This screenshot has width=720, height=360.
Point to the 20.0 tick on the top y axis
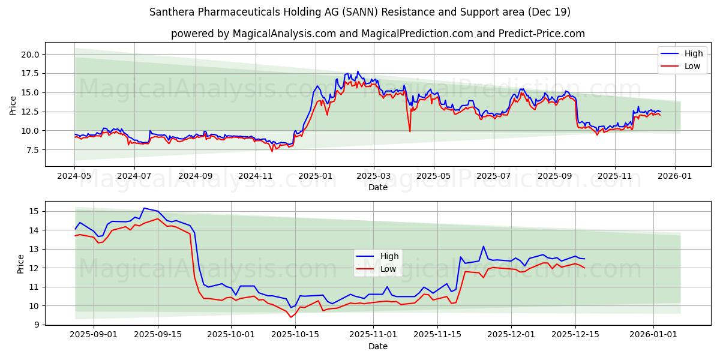(x=30, y=54)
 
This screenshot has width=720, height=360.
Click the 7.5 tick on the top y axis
(x=32, y=150)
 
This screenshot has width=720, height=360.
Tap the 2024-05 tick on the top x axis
(x=74, y=177)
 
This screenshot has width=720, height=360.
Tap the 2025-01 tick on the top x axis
(x=315, y=177)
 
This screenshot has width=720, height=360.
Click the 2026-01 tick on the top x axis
(x=675, y=177)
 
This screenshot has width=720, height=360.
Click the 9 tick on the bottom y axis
(x=36, y=325)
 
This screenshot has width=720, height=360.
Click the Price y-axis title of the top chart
(x=13, y=105)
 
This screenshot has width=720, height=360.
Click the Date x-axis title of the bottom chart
(x=378, y=347)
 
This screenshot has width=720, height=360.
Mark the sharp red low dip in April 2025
(x=410, y=131)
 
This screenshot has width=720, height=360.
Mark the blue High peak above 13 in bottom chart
(x=483, y=246)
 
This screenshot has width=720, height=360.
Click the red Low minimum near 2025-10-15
(x=290, y=317)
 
